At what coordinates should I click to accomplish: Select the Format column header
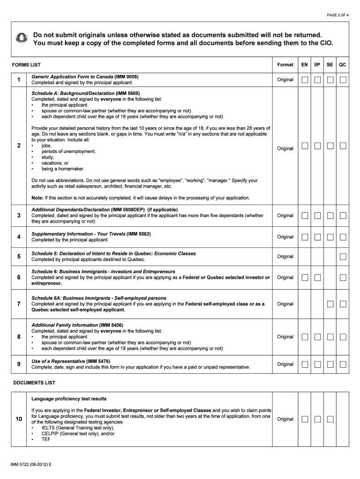point(285,65)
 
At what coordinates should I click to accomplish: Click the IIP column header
point(317,65)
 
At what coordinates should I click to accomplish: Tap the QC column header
point(343,65)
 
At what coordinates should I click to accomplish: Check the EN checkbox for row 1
point(304,80)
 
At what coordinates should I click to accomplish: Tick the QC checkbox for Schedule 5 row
point(343,257)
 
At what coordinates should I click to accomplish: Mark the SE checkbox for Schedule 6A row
point(330,304)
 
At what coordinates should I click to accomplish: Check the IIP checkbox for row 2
point(317,146)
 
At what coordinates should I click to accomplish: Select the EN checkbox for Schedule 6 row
point(304,278)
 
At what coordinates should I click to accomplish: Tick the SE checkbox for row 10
point(330,419)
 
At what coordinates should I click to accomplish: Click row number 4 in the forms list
point(19,237)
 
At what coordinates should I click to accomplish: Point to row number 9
point(19,364)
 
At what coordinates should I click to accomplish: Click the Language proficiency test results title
point(69,399)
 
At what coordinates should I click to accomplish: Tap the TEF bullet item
point(46,440)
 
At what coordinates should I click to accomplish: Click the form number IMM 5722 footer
point(32,464)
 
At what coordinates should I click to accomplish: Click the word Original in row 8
point(285,337)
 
